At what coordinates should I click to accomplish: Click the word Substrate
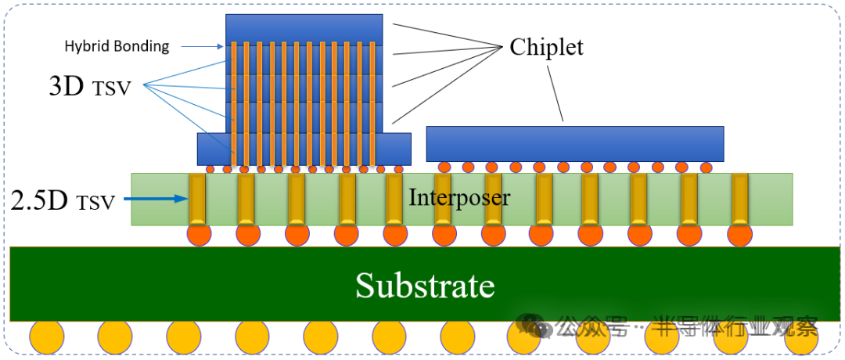click(425, 286)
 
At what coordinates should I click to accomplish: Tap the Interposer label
click(459, 197)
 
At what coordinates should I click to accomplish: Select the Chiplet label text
click(546, 47)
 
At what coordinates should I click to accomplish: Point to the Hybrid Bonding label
click(117, 46)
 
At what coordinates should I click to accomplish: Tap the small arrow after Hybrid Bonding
click(208, 47)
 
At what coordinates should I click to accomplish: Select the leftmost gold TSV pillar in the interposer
click(197, 200)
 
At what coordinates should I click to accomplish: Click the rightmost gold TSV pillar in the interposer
click(739, 200)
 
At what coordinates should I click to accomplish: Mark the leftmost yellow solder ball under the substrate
click(46, 337)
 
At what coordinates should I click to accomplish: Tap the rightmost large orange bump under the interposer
click(739, 234)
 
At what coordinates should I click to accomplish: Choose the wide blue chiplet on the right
click(574, 143)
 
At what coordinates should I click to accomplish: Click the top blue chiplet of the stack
click(304, 28)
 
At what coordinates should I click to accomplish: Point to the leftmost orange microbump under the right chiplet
click(444, 167)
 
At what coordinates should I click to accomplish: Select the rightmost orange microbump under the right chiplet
click(706, 167)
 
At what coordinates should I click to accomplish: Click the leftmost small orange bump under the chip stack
click(210, 169)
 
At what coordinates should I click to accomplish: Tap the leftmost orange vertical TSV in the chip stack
click(233, 102)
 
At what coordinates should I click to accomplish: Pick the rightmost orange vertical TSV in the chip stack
click(373, 102)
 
